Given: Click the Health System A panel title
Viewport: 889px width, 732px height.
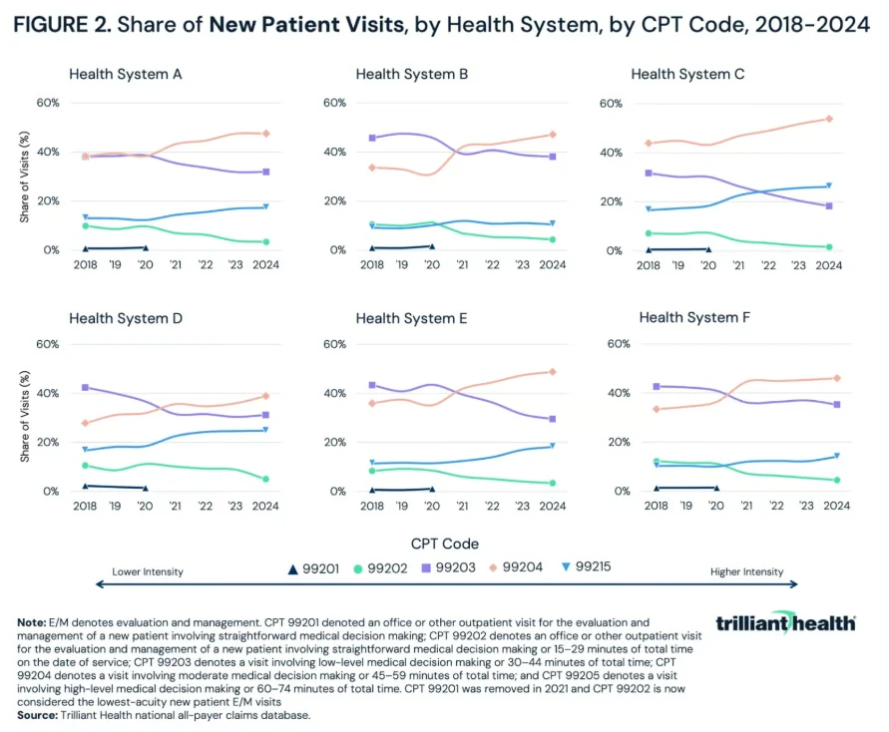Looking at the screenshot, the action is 126,74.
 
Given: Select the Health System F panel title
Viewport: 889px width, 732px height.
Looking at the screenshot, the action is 694,317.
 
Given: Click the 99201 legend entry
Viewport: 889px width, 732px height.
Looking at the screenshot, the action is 313,568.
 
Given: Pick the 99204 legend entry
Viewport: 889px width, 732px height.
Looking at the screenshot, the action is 516,567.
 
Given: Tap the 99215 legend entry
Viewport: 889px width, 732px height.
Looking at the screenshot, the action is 587,566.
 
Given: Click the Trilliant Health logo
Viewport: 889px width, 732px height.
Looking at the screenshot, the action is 786,622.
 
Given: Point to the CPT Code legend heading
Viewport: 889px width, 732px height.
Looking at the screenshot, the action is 445,544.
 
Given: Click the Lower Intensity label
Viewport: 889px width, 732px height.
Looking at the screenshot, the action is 148,571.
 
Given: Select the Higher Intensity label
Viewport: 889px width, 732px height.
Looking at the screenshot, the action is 746,571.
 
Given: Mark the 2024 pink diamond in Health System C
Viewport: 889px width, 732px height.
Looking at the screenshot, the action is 829,119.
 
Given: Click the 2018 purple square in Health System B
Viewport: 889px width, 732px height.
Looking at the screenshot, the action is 372,138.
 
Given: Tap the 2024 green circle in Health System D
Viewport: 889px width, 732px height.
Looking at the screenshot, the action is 265,480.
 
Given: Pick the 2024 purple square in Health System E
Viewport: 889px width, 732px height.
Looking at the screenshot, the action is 553,419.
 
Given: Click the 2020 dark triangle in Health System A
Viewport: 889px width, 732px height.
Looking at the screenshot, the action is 146,248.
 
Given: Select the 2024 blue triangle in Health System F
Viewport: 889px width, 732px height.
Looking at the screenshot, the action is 837,456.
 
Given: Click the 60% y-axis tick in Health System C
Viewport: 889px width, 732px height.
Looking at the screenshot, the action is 611,104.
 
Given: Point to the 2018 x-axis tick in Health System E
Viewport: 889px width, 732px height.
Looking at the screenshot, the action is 372,506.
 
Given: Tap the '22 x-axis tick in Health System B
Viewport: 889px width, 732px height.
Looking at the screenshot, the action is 492,264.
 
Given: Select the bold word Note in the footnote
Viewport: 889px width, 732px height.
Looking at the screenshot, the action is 32,622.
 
